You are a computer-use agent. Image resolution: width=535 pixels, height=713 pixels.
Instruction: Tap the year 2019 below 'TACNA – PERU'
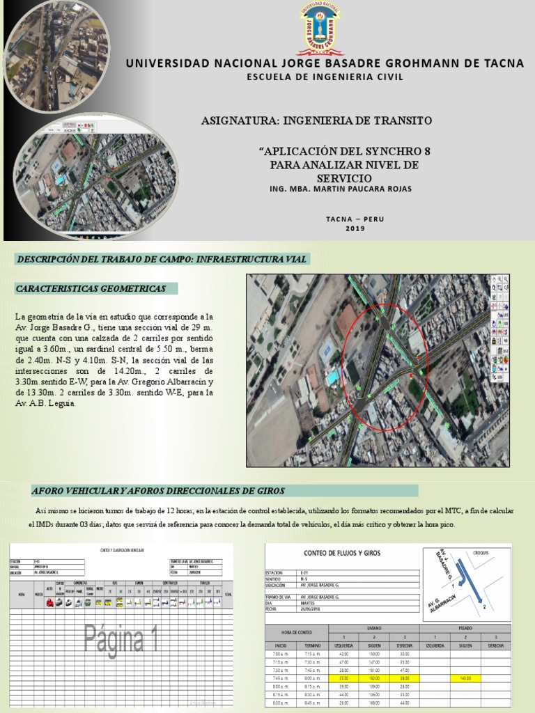(x=355, y=229)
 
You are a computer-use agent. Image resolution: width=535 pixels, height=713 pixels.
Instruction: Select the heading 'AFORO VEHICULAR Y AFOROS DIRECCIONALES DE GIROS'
(x=158, y=491)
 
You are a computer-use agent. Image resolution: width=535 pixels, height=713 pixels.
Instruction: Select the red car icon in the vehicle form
(x=49, y=604)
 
